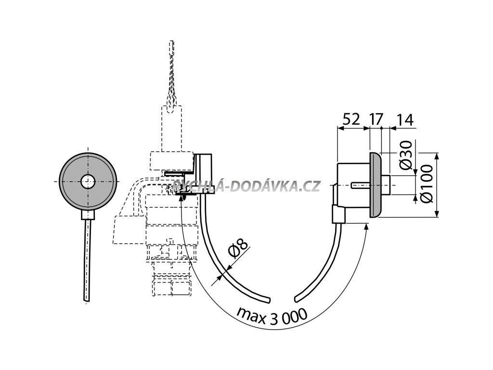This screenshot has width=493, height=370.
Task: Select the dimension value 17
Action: pyautogui.click(x=377, y=119)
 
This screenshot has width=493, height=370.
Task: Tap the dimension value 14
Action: pyautogui.click(x=405, y=119)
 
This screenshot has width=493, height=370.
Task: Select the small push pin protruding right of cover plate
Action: pyautogui.click(x=388, y=185)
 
